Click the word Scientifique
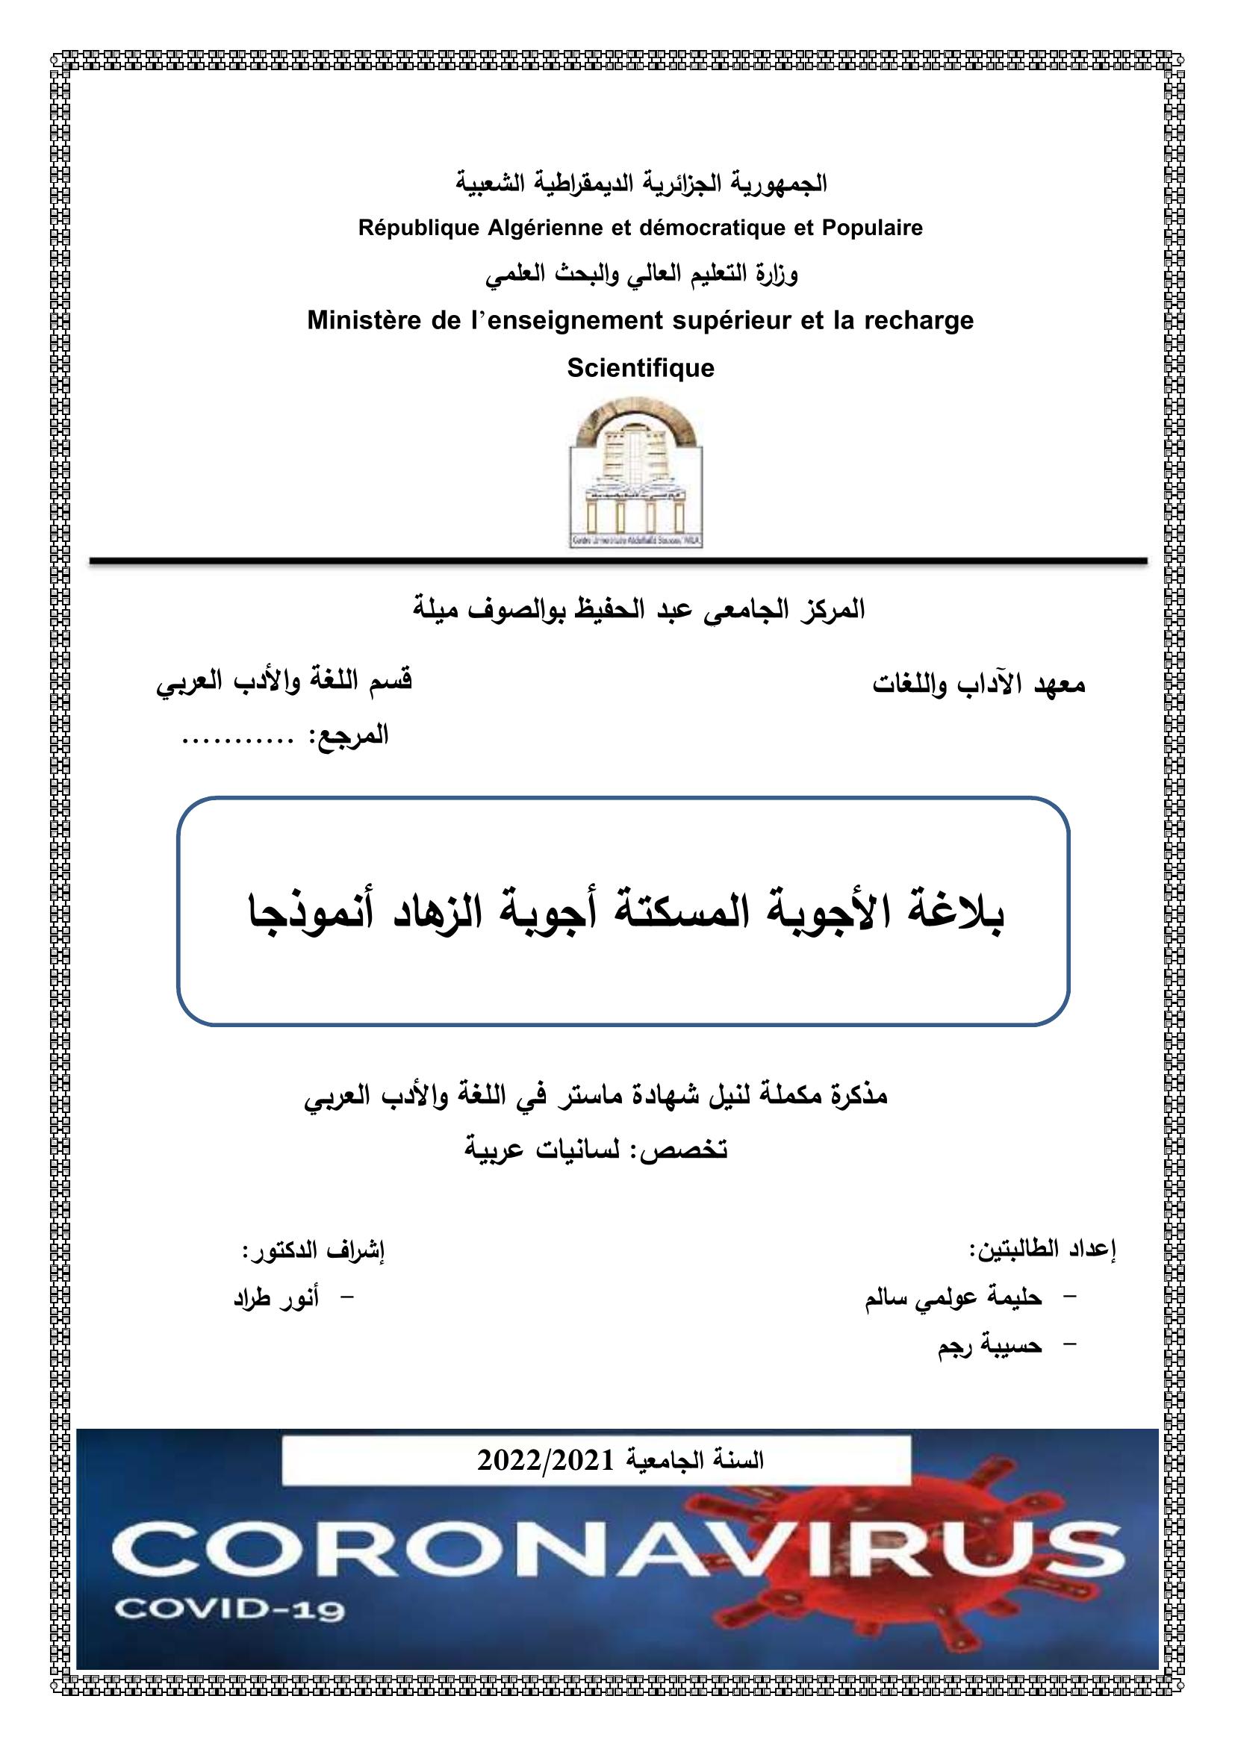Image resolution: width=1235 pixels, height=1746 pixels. pyautogui.click(x=641, y=369)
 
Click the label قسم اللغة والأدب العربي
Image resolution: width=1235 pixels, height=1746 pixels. pyautogui.click(x=284, y=679)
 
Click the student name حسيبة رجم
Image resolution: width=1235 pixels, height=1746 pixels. pyautogui.click(x=989, y=1346)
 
